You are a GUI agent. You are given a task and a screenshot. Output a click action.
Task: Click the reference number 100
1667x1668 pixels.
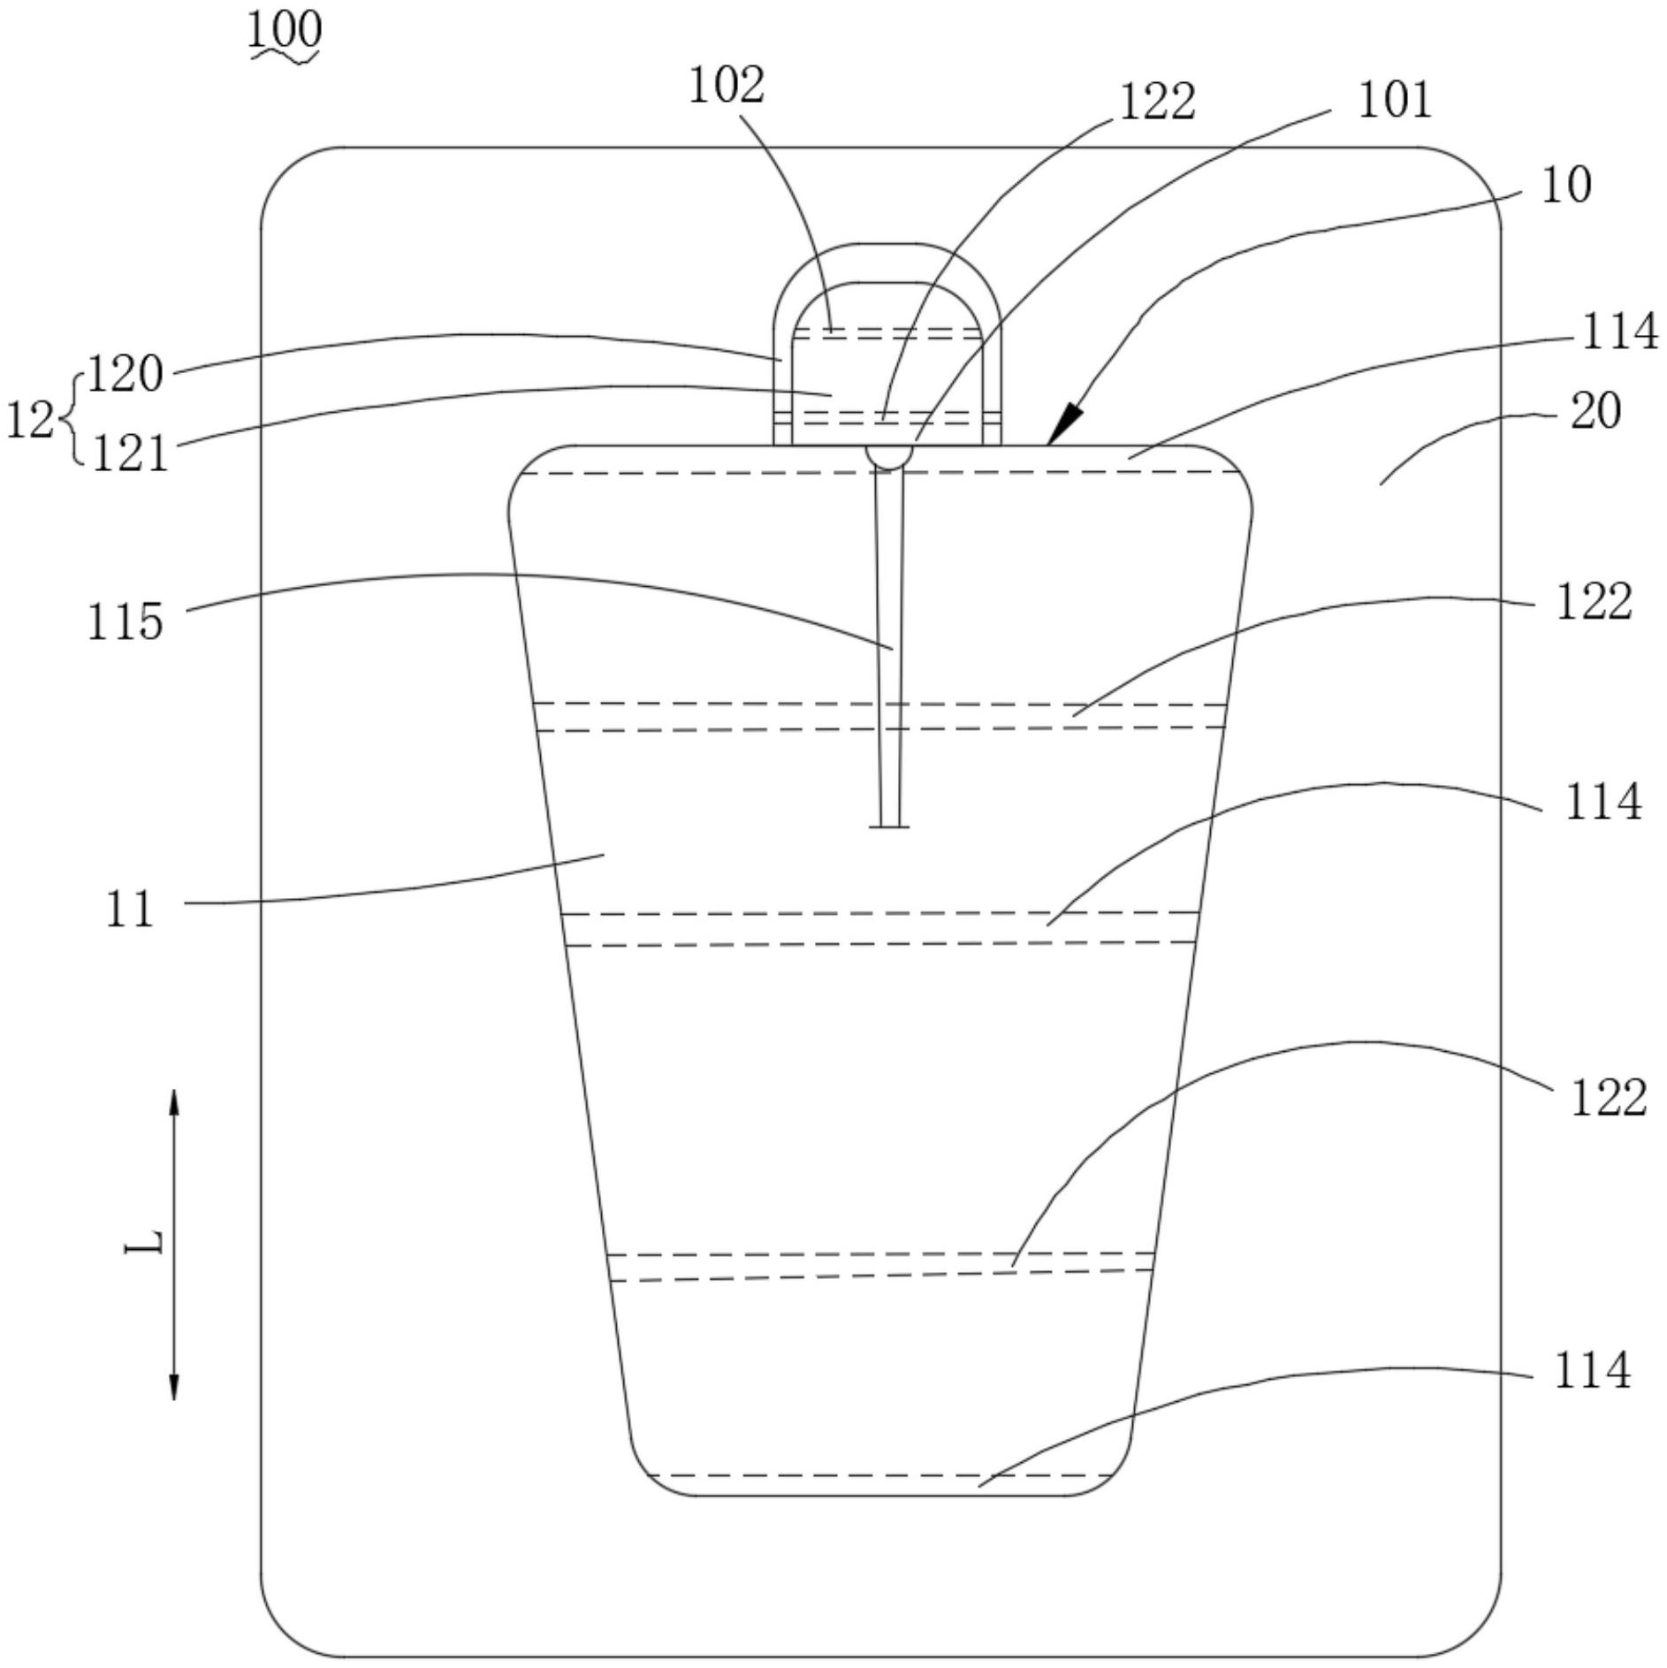coord(284,30)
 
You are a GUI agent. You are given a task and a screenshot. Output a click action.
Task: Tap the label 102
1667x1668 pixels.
coord(726,86)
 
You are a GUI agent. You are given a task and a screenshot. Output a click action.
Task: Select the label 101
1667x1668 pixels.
coord(1394,100)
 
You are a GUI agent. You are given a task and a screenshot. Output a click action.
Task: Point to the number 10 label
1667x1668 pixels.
coord(1565,186)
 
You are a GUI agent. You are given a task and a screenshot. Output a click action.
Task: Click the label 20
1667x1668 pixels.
coord(1595,412)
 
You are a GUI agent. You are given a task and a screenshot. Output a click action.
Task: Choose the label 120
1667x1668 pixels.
coord(126,374)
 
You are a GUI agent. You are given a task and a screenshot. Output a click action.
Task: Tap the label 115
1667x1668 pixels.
coord(125,621)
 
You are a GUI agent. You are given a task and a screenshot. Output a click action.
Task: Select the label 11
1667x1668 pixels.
coord(129,909)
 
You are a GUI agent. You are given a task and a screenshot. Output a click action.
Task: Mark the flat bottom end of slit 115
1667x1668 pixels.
coord(889,826)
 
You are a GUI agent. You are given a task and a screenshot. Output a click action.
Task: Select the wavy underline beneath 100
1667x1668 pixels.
coord(284,57)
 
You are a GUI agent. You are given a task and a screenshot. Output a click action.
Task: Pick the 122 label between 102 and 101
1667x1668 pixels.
coord(1157,102)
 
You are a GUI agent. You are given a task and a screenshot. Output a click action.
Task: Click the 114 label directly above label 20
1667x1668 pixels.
coord(1618,332)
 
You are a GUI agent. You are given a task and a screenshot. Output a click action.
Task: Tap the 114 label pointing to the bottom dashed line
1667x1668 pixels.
coord(1592,1371)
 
